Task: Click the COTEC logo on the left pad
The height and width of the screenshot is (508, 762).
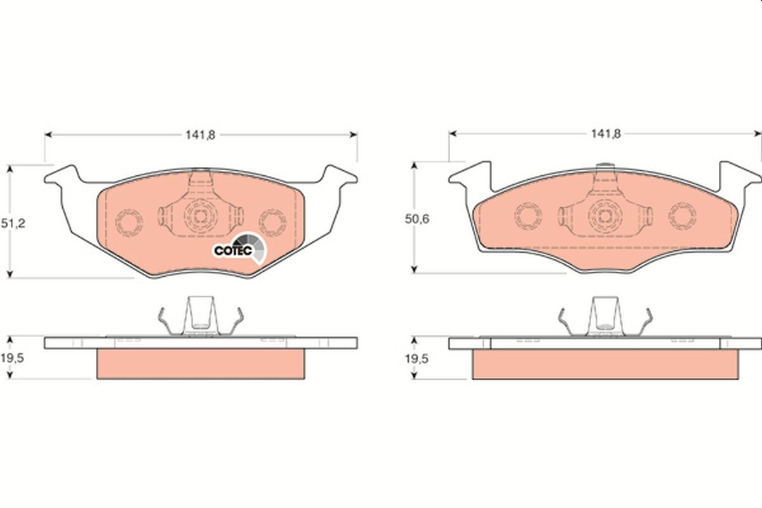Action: pos(239,249)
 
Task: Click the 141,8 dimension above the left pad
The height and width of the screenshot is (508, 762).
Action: pos(201,135)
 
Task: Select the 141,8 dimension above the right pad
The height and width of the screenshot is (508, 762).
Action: pos(606,134)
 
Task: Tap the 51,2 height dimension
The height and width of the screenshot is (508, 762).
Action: pos(13,224)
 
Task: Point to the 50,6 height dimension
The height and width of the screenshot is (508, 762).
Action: pos(417,219)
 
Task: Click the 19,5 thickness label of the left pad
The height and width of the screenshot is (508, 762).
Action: pos(12,358)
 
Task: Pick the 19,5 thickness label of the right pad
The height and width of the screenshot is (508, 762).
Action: pos(417,359)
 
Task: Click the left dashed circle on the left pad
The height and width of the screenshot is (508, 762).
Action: pos(129,223)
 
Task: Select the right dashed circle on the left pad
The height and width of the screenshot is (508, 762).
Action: pos(272,223)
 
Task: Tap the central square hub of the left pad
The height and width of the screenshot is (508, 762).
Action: pos(201,216)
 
